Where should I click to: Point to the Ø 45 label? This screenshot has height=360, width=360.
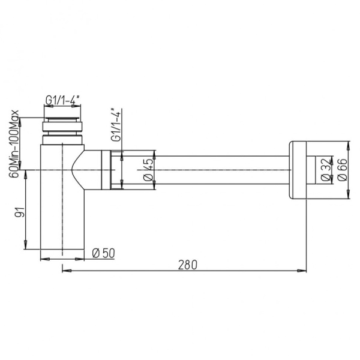coord(148,170)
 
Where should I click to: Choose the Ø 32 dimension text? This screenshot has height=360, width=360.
coord(325,170)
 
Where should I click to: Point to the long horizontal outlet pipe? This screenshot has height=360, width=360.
coord(222,170)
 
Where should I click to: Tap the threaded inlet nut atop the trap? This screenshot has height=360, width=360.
coord(64,127)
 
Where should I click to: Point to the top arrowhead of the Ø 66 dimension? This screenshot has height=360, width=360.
coord(349,145)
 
